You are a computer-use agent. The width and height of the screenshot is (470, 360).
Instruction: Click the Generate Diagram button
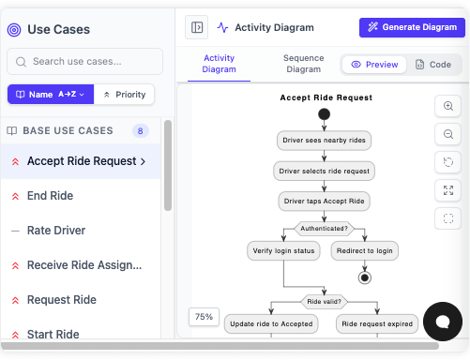(412, 27)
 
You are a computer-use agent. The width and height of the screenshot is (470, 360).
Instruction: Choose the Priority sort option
(125, 95)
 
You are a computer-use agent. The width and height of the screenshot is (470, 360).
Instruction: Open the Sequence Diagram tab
(302, 64)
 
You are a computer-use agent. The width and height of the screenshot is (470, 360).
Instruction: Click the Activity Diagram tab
(219, 64)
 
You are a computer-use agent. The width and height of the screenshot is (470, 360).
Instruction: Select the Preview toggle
(374, 65)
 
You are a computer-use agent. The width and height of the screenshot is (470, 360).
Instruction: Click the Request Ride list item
(61, 300)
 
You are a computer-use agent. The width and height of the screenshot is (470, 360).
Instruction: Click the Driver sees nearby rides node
(324, 141)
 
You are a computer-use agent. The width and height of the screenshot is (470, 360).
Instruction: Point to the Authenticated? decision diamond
(324, 228)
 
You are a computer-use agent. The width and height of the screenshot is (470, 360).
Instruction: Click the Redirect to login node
(365, 251)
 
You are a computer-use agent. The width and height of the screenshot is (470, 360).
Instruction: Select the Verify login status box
(283, 251)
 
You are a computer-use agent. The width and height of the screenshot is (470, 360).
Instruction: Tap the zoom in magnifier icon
(448, 106)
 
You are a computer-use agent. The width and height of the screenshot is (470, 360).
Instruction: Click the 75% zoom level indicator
(204, 317)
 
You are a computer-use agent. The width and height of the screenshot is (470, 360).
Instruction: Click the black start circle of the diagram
(324, 114)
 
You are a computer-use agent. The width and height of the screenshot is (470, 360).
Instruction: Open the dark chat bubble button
(442, 322)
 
